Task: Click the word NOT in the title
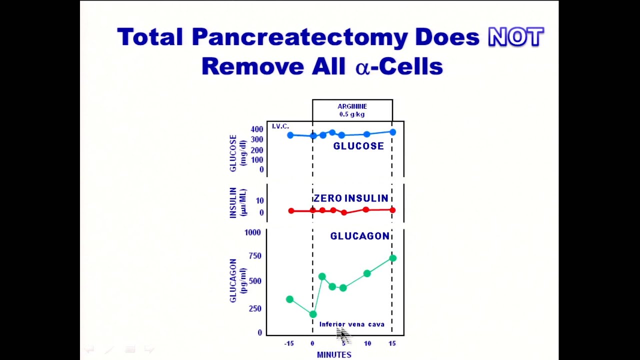coord(515,37)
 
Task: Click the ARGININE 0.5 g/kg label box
coord(352,110)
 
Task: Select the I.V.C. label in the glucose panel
coord(280,126)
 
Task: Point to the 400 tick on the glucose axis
coord(257,129)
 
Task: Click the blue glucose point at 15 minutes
coord(392,132)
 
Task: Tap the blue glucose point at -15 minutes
coord(290,135)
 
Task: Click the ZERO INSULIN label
coord(350,198)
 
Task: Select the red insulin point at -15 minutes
coord(291,210)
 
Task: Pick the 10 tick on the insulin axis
coord(259,201)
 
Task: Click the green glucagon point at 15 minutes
coord(392,258)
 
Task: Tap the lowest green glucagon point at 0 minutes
coord(313,314)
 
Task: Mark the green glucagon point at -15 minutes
coord(289,299)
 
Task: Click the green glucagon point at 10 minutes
coord(367,273)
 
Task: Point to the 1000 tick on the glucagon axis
coord(252,232)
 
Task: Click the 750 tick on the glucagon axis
coord(254,256)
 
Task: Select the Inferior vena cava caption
coord(351,324)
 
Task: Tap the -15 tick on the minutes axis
coord(289,343)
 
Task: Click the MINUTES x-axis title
coord(334,354)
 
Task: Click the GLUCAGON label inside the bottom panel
coord(359,236)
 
